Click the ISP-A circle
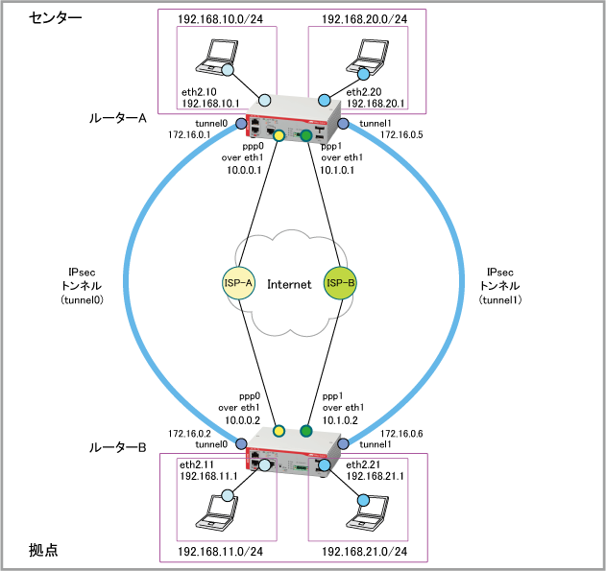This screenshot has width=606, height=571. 238,283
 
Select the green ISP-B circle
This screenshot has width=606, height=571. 340,283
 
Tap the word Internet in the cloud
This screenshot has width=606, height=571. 289,284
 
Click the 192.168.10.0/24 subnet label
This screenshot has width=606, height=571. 220,19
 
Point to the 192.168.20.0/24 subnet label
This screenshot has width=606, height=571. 364,19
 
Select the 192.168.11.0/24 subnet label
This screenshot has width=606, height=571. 220,551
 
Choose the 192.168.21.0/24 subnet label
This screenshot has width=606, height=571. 364,551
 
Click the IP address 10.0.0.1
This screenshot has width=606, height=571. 244,170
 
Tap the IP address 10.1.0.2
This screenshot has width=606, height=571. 340,420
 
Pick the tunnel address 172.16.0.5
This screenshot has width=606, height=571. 401,134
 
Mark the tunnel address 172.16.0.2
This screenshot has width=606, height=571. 189,434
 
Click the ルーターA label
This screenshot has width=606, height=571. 118,118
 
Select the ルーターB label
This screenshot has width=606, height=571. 118,447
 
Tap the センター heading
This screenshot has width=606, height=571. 55,18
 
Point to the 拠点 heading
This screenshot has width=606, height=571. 43,550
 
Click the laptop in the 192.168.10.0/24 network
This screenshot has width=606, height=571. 216,57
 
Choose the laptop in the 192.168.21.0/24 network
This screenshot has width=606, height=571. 367,512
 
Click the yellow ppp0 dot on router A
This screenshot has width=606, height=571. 279,135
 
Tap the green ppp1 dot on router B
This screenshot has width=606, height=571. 306,431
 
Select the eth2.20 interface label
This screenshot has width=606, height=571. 364,92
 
